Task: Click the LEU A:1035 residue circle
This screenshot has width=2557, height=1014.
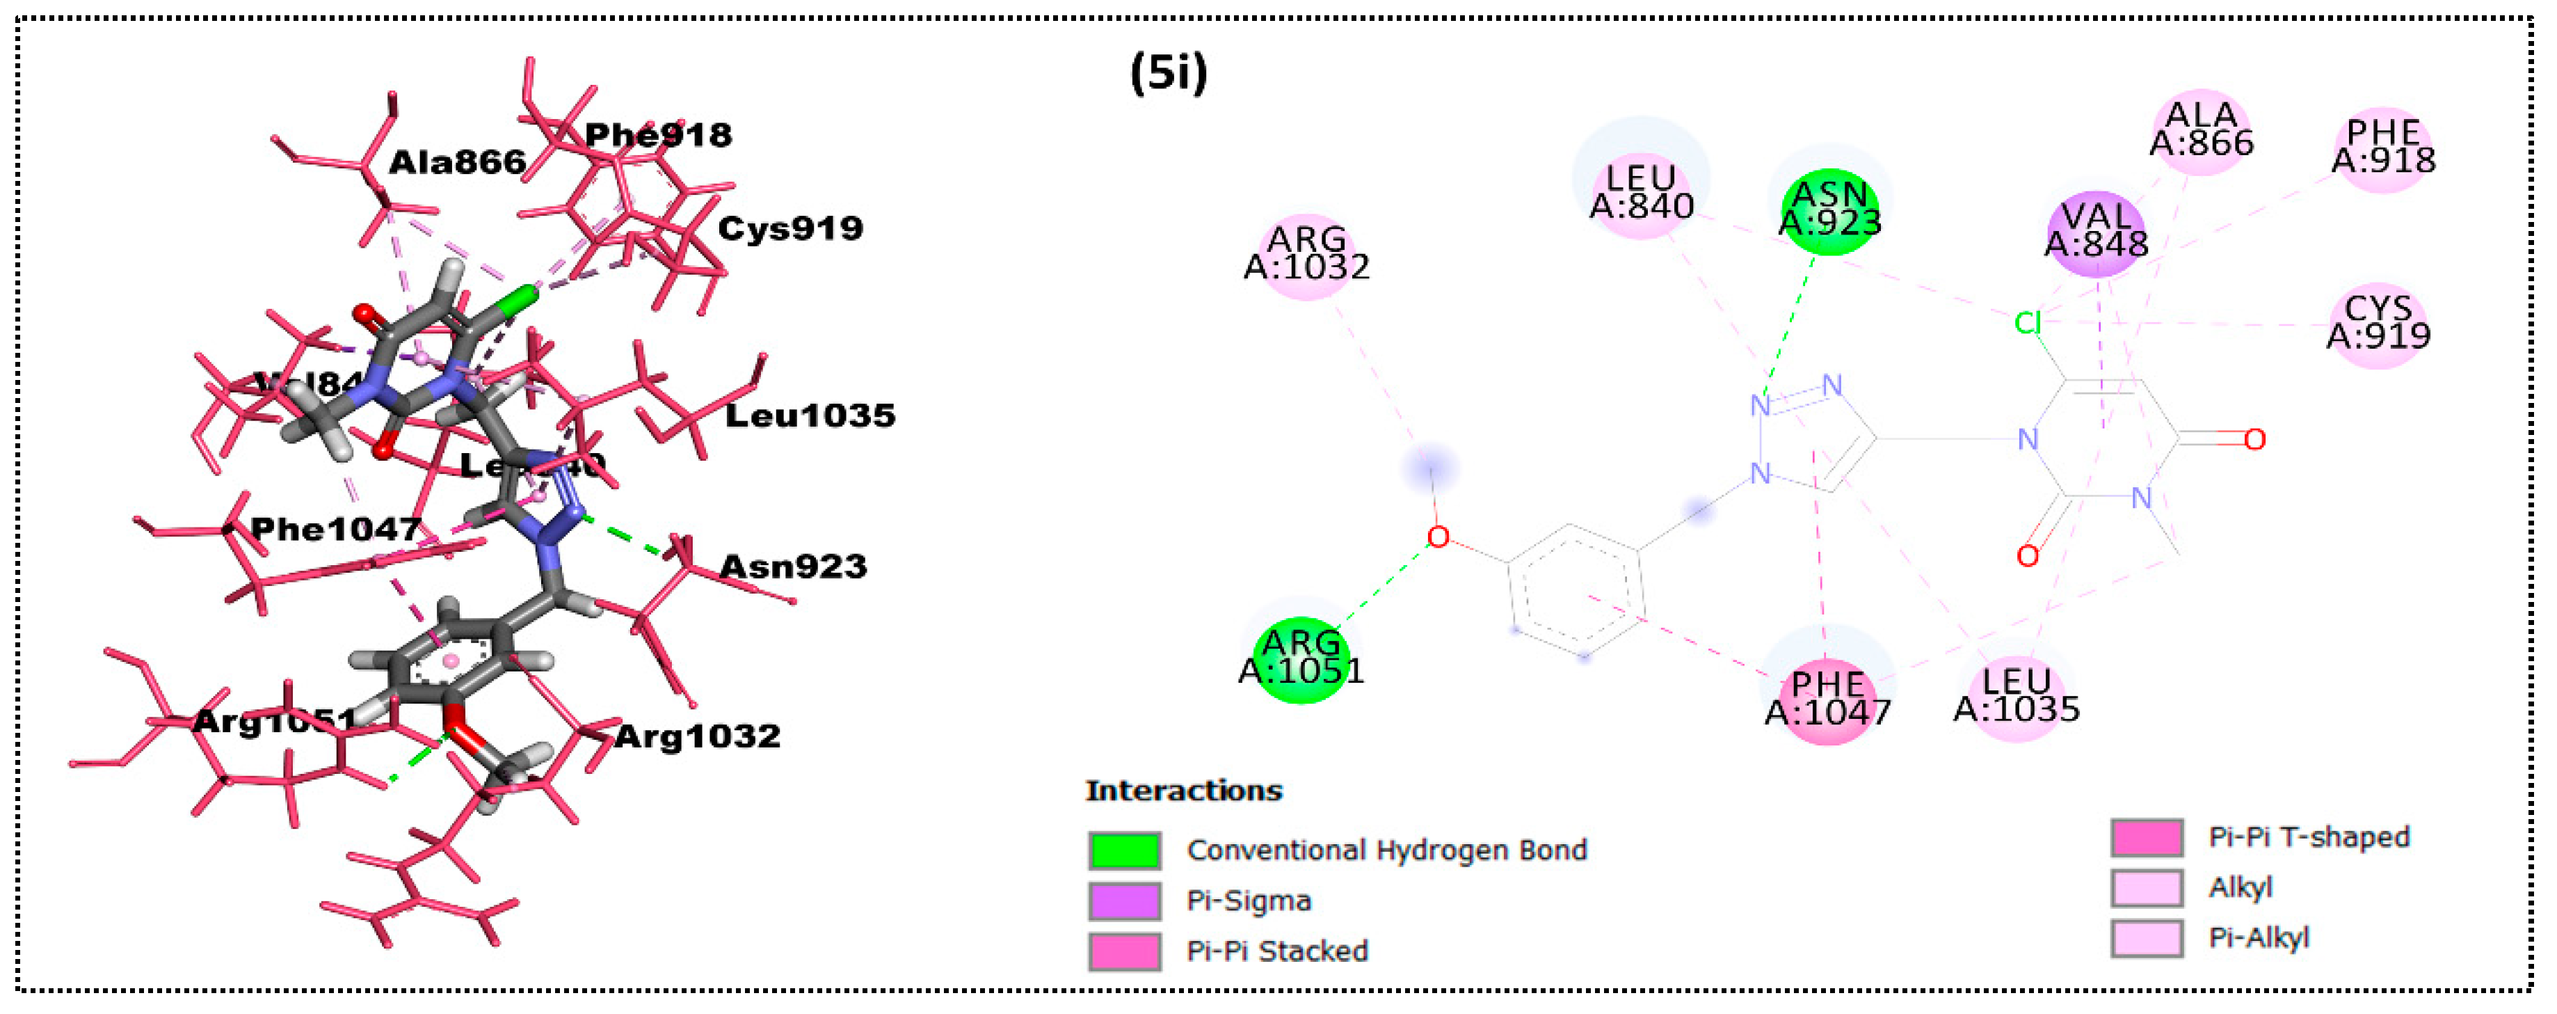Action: [x=2016, y=696]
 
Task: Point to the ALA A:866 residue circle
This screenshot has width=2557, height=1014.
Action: [x=2201, y=130]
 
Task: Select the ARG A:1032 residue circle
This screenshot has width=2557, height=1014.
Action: [x=1306, y=254]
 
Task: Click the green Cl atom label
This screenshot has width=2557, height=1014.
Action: [x=2027, y=323]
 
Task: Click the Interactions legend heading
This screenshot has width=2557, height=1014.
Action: [x=1183, y=791]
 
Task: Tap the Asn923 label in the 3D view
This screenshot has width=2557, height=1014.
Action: [x=792, y=567]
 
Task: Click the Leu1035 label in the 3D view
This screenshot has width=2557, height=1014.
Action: [x=809, y=415]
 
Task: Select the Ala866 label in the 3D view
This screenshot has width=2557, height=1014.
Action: [x=456, y=163]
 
